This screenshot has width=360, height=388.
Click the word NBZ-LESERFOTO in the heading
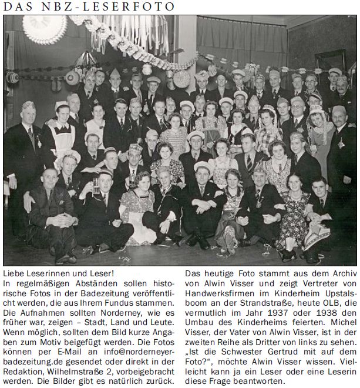pos(117,7)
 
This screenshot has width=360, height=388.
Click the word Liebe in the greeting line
pos(15,275)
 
